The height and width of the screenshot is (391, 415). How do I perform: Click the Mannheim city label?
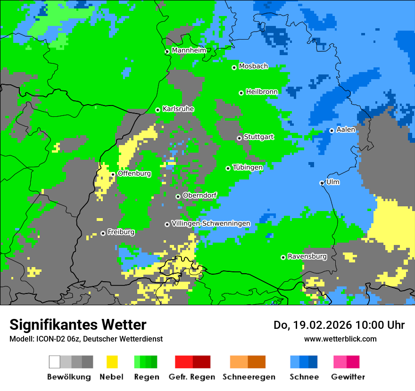coord(189,50)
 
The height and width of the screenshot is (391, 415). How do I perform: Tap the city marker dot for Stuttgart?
coord(239,138)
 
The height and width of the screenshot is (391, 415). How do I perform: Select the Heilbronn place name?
coord(261,91)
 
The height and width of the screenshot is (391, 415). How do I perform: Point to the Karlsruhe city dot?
coord(158,110)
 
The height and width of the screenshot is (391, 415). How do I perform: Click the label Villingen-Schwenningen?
coord(211,223)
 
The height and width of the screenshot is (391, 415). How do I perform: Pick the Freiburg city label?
coord(121,232)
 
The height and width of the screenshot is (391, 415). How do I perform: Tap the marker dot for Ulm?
coord(322,183)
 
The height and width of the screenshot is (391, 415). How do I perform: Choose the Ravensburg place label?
coord(307,257)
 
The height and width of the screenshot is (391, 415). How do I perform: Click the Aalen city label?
coord(346,130)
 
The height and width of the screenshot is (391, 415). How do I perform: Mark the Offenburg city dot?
coord(113,174)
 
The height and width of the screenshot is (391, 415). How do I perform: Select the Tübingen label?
coord(248,167)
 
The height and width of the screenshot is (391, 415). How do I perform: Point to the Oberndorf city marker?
coord(178,196)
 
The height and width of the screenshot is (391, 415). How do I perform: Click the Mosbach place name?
coord(253,66)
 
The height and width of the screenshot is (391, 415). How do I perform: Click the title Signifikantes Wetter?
coord(78,325)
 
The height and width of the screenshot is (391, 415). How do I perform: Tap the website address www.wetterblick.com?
coord(340,339)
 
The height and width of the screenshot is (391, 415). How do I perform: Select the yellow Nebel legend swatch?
coord(112,362)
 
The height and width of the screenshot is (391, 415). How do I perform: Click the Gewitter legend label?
coord(348,377)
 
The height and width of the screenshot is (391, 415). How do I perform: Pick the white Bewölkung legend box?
coord(55,362)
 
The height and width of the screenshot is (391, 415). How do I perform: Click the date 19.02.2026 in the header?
coord(323,325)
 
